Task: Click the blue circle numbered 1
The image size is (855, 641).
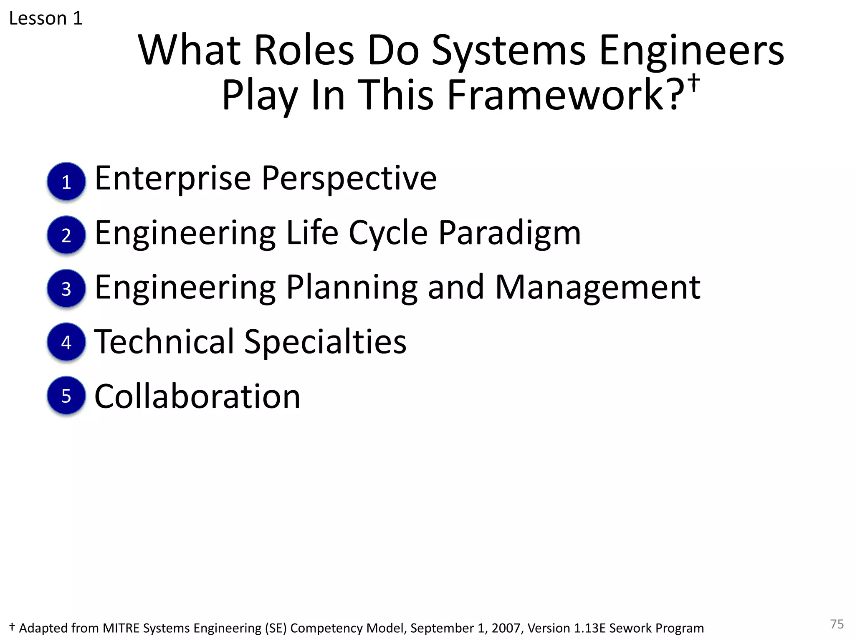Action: [66, 182]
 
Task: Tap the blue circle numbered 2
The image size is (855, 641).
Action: [66, 235]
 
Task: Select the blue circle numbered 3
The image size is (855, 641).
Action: [66, 288]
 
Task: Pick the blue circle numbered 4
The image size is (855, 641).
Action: [66, 342]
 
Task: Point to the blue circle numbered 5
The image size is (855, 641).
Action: [66, 395]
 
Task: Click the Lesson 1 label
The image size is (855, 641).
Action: [46, 18]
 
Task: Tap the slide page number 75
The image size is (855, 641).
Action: [837, 624]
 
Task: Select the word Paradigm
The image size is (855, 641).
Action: [509, 233]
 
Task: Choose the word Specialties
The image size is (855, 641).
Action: [325, 342]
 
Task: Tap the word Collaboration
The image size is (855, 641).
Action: [197, 396]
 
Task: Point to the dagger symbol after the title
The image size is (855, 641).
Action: [694, 82]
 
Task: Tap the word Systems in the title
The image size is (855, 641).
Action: [508, 51]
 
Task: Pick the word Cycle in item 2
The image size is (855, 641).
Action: [388, 233]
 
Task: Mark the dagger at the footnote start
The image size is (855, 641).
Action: [12, 627]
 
